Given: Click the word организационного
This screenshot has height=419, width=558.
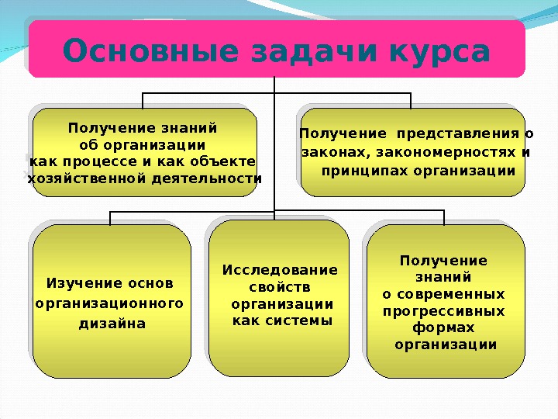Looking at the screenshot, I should pyautogui.click(x=110, y=302).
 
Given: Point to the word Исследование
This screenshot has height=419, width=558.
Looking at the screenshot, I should pyautogui.click(x=281, y=270).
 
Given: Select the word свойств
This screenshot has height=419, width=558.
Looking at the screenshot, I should pyautogui.click(x=281, y=287).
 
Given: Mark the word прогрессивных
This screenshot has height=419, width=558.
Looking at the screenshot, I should pyautogui.click(x=444, y=311).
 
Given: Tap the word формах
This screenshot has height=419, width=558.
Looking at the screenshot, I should pyautogui.click(x=445, y=327).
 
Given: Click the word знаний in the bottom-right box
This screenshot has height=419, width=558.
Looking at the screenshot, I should pyautogui.click(x=444, y=277).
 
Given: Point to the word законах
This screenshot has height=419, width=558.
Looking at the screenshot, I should pyautogui.click(x=329, y=152).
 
